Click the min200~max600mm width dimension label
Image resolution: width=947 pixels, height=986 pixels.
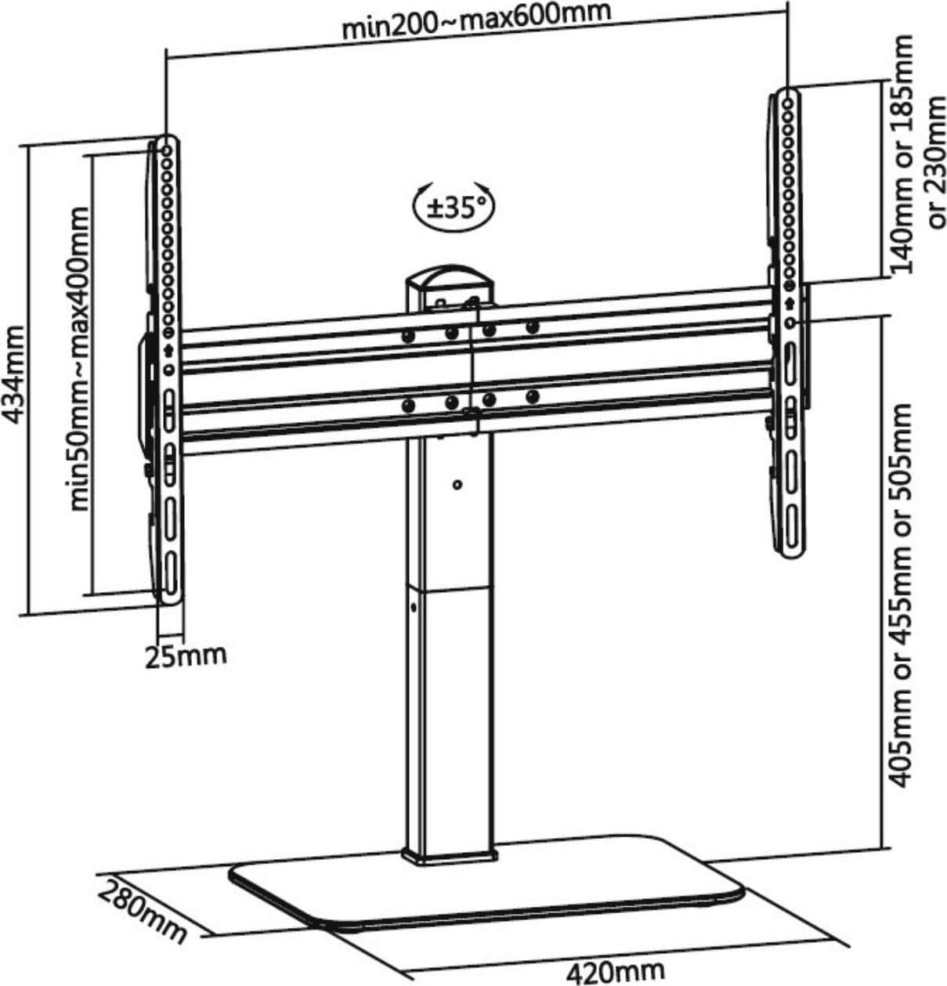pos(476,22)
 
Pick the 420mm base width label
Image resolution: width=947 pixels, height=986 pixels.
pos(615,970)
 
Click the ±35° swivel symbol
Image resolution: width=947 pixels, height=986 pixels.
pos(454,207)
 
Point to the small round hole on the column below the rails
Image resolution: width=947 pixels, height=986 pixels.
pos(457,485)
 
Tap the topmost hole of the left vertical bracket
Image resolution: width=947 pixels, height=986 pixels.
pos(167,151)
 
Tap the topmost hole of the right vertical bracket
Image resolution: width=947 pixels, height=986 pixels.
pos(788,104)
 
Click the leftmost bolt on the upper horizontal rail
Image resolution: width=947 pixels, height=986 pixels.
pos(408,336)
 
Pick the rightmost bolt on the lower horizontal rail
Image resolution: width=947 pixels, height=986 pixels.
pos(532,395)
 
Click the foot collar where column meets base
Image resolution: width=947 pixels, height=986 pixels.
pos(450,858)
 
